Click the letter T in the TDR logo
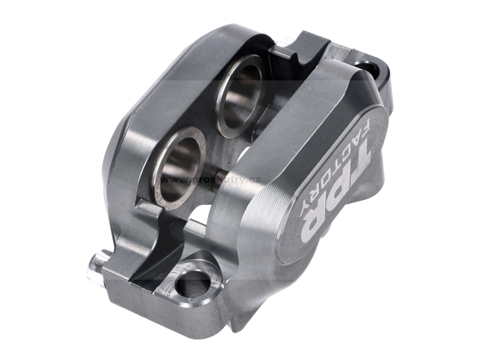click(x=352, y=164)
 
